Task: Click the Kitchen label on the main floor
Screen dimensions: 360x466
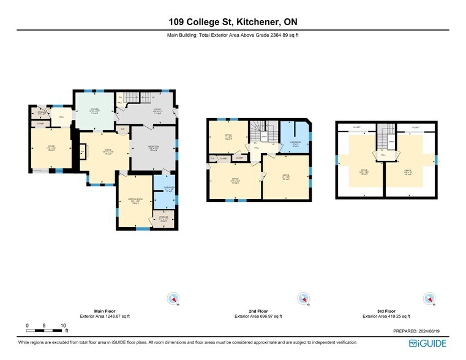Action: pos(94,110)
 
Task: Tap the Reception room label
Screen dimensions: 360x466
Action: pos(153,147)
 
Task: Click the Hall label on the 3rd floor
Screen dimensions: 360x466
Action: pos(383,156)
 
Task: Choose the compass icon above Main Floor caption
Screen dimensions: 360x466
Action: pos(173,299)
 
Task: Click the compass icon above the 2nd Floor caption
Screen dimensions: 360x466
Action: pos(303,299)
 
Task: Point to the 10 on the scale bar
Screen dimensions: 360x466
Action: pos(63,325)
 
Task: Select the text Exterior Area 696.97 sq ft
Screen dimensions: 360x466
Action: pos(258,317)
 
